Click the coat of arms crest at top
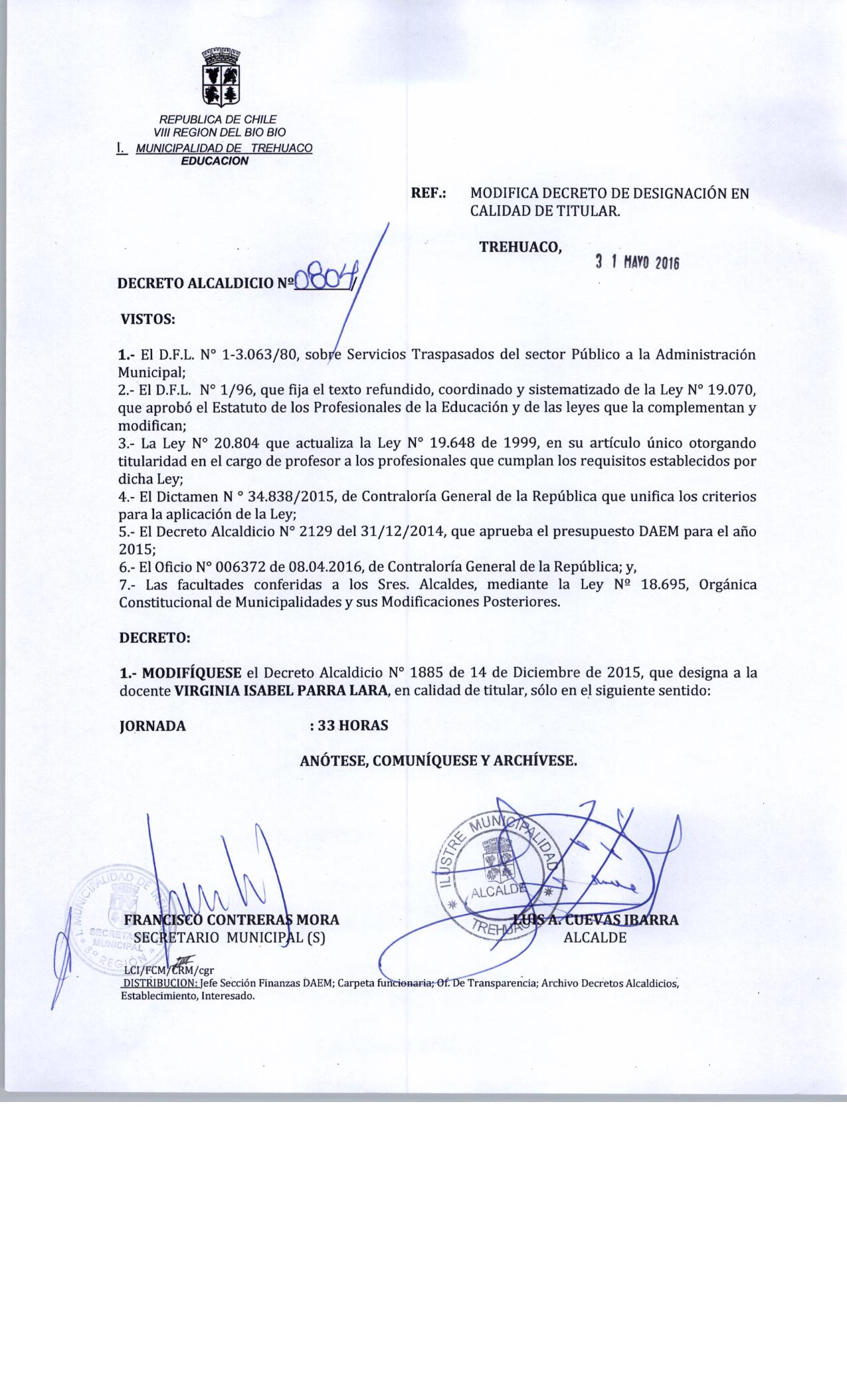221,78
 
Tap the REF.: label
429,194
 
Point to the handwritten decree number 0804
324,281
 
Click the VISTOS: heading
147,319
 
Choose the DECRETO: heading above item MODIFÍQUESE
154,638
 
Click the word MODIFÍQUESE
193,672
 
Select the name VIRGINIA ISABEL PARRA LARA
281,690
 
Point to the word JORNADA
153,726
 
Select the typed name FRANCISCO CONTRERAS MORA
232,920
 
